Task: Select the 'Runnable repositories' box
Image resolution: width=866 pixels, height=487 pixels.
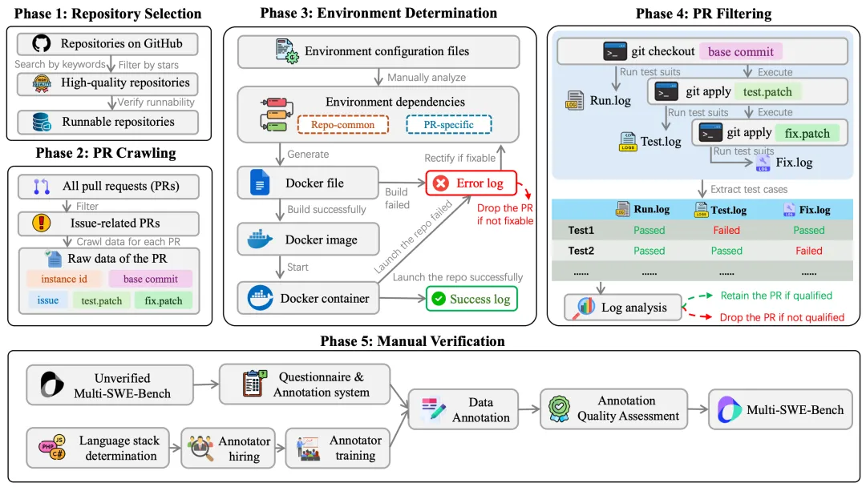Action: [x=108, y=122]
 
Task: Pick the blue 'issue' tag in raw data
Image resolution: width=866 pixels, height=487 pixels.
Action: [x=47, y=300]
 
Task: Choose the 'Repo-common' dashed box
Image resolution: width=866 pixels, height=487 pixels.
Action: [x=342, y=125]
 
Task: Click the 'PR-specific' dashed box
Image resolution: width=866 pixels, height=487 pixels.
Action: [x=450, y=125]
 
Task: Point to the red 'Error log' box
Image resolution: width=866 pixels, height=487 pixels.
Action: [x=471, y=183]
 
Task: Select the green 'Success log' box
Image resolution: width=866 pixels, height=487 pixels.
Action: [x=471, y=299]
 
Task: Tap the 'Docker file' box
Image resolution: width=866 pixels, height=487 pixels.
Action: [x=309, y=183]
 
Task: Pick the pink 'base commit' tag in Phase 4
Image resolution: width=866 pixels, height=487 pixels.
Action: [x=740, y=52]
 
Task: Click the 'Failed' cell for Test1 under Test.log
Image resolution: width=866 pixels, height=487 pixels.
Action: [x=726, y=230]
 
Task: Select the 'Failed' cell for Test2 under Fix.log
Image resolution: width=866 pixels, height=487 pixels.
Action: [x=808, y=250]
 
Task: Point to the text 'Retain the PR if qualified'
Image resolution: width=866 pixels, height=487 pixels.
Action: [x=776, y=296]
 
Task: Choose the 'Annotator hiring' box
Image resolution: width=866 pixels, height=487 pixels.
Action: [x=229, y=449]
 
